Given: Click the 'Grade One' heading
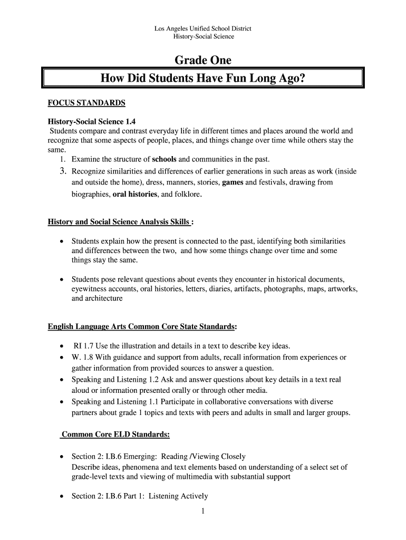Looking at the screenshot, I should [x=203, y=60].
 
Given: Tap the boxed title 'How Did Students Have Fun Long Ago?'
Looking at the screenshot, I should [x=203, y=79].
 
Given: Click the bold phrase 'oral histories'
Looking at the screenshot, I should [x=135, y=194].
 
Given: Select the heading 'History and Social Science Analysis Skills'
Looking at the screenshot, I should [x=119, y=221].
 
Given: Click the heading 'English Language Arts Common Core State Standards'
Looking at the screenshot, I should [x=141, y=327].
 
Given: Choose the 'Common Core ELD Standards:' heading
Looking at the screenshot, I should [x=115, y=435].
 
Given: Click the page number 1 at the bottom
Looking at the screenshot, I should [x=202, y=510].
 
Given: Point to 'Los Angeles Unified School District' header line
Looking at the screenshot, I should [x=203, y=28].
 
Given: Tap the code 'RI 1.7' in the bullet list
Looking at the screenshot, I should [x=83, y=346].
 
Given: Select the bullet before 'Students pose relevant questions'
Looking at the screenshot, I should [x=62, y=278].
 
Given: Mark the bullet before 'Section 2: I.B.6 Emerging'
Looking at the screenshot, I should [x=62, y=457].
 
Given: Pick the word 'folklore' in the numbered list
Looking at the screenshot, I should [x=187, y=194].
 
